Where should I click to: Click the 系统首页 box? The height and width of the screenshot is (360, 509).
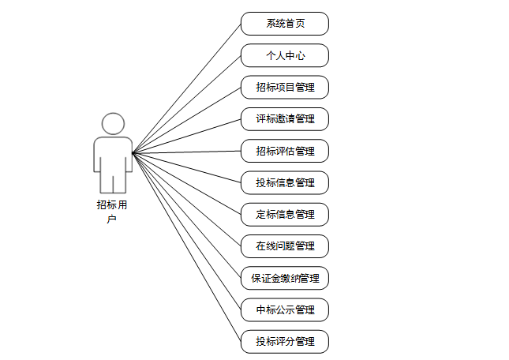point(285,24)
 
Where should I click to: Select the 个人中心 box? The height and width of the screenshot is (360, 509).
point(285,55)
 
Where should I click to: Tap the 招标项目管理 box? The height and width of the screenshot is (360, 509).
point(285,87)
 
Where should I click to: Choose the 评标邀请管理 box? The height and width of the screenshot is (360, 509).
point(285,119)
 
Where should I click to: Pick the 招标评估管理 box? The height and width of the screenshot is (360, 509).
point(285,151)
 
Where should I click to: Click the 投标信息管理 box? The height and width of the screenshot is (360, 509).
point(285,182)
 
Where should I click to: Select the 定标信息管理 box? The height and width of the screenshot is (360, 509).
point(285,214)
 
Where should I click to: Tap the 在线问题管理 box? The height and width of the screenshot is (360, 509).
point(285,246)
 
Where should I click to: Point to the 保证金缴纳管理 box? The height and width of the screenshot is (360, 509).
point(285,278)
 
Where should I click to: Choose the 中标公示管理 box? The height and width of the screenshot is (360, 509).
point(285,309)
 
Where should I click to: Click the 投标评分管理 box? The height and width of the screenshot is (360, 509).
point(285,342)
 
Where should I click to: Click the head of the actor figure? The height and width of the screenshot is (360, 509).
point(113,124)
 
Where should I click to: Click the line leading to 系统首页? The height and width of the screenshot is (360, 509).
point(186,88)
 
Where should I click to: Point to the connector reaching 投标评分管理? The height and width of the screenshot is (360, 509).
point(186,246)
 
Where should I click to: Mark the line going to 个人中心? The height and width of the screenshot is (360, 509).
point(186,104)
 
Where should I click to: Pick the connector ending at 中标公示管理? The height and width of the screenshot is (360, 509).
point(186,230)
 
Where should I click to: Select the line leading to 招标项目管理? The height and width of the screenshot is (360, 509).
point(186,120)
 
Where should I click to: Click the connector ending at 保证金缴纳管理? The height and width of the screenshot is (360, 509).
point(186,214)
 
